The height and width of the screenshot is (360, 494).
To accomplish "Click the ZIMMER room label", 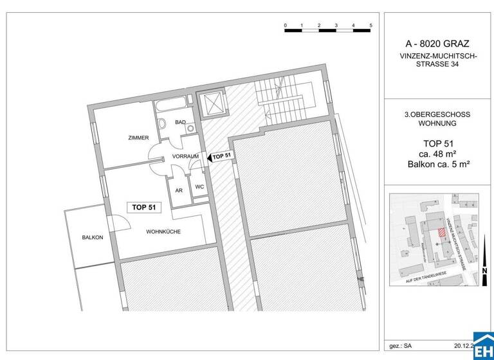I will [x=138, y=138].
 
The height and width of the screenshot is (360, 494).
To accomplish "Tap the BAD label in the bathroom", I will [x=180, y=122].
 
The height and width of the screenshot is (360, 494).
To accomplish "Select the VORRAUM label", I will [x=185, y=156].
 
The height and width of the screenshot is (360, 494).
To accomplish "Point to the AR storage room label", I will [x=179, y=190].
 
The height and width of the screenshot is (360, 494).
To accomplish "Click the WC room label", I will [x=199, y=187].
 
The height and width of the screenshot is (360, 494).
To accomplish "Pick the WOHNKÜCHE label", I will [x=163, y=231].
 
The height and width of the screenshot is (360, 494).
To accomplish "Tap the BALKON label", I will [x=93, y=237].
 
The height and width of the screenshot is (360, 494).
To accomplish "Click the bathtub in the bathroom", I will [x=172, y=105].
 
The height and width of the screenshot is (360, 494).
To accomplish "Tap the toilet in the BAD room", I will [x=163, y=124].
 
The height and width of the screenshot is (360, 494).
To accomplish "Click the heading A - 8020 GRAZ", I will [x=437, y=44].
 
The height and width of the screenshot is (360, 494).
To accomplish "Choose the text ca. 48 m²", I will [x=437, y=153].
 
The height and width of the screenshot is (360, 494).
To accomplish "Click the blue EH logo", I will [x=483, y=346].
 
